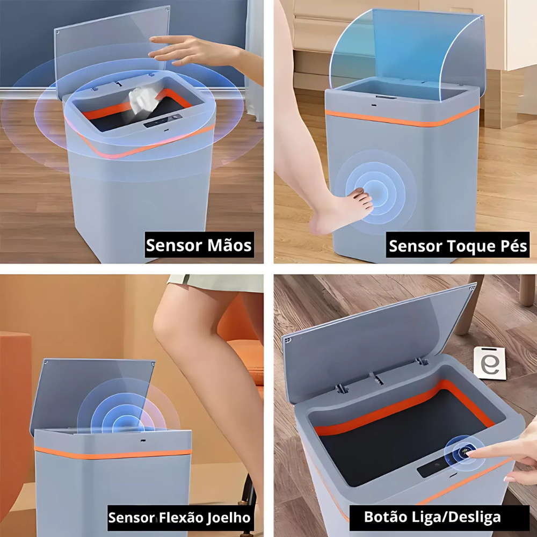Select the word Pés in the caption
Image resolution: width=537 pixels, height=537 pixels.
pos(514,245)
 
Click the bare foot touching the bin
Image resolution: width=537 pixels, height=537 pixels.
pos(343,211)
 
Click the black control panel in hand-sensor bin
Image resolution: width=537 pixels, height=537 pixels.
pos(163,121)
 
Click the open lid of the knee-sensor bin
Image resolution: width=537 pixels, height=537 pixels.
pos(92,394)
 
